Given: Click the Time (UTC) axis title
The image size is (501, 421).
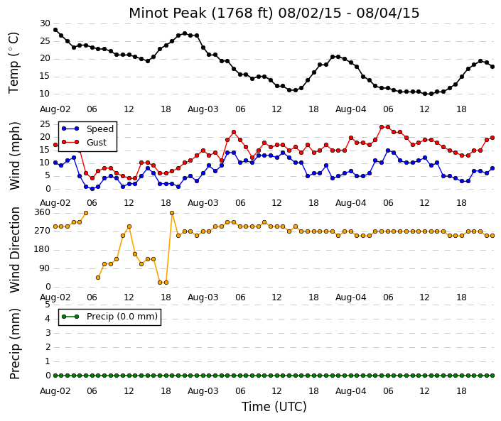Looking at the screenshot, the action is (x=274, y=407).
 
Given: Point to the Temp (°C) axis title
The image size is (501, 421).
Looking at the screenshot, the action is (x=14, y=63).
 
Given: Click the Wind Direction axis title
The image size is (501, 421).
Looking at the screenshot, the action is (x=15, y=250).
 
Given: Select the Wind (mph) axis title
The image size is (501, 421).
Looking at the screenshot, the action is (x=15, y=155).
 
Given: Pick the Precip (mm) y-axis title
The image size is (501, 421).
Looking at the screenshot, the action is (x=15, y=344).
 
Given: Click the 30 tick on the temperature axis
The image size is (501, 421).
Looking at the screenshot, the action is (x=45, y=23).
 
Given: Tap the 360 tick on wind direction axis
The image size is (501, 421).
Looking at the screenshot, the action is (x=43, y=212).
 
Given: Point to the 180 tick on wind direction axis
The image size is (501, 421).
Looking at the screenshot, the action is (x=43, y=250).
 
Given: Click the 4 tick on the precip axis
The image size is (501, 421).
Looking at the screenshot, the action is (x=48, y=319).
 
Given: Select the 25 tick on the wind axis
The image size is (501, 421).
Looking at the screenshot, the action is (x=45, y=124).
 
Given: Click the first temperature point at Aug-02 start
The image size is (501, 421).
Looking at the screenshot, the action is (x=55, y=30).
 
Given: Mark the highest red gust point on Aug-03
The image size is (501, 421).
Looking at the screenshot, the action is (x=234, y=132).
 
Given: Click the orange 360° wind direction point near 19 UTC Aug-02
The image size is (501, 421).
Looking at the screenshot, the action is (x=172, y=213).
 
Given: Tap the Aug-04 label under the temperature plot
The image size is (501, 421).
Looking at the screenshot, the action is (x=351, y=109).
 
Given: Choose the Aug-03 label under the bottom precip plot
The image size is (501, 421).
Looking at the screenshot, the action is (x=203, y=391).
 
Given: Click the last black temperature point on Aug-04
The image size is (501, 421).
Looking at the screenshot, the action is (x=492, y=67).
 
